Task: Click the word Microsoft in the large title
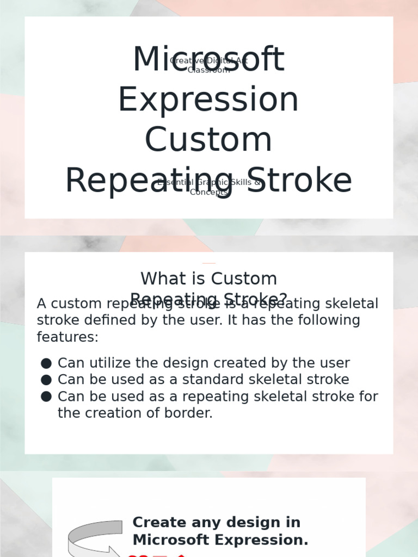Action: pos(208,60)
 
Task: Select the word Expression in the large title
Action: pos(208,100)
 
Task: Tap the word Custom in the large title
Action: pos(208,140)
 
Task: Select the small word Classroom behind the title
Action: pos(208,70)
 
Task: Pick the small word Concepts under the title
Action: pos(208,192)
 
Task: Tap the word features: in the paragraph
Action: pos(67,337)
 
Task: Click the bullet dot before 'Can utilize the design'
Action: pos(46,363)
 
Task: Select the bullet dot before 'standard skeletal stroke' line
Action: pos(46,380)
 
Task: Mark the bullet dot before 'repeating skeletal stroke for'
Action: pos(46,397)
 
